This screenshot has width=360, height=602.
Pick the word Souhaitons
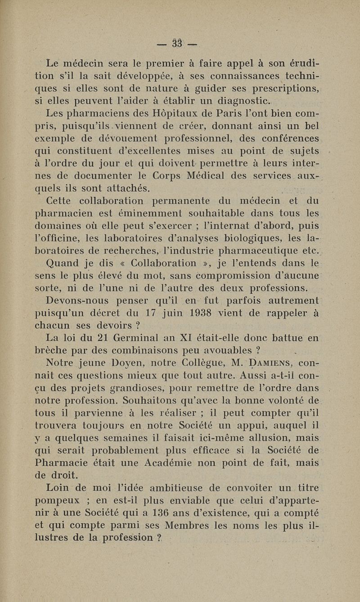point(164,399)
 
